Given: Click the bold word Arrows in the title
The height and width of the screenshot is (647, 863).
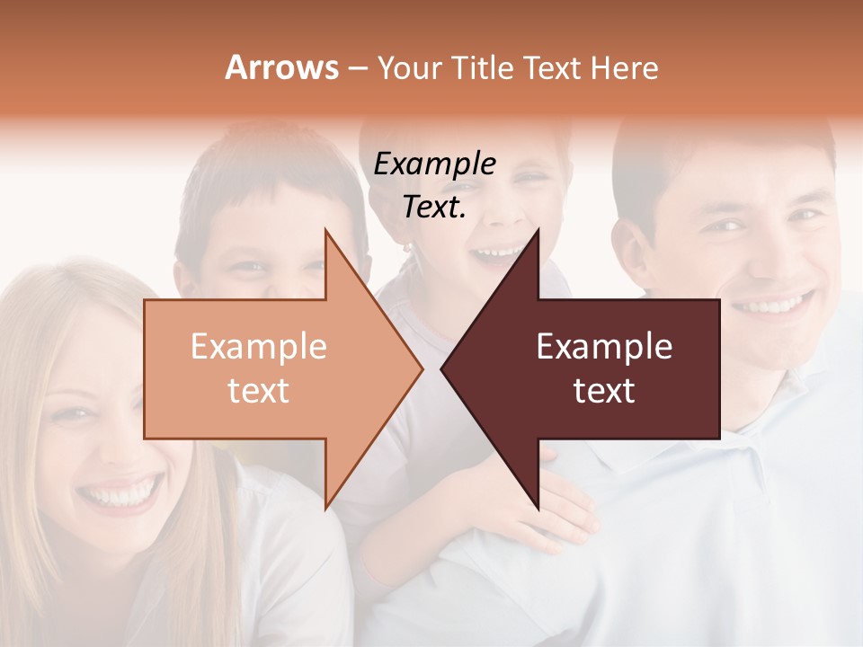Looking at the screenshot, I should [x=281, y=67].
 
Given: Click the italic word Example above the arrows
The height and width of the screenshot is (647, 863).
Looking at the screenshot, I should [x=434, y=164].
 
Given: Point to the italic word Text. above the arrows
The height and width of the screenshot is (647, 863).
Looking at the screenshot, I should [x=434, y=208].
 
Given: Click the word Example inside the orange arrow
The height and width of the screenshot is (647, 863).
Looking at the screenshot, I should [x=258, y=347].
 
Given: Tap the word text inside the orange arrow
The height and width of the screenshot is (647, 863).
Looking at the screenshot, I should [x=258, y=391].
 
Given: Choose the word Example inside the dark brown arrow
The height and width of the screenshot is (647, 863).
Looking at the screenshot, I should [x=604, y=347].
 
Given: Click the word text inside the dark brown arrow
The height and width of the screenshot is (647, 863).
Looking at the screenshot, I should [x=604, y=391].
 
